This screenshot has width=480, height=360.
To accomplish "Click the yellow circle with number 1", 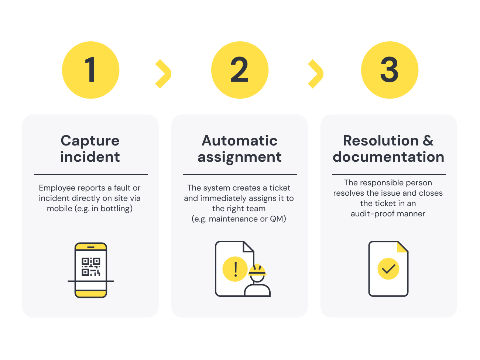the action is coord(90,70).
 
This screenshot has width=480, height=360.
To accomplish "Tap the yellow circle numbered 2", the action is coord(240,70).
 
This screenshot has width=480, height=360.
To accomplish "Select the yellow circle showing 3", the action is coord(390,70).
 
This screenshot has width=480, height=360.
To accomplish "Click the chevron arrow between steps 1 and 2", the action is coord(163,74).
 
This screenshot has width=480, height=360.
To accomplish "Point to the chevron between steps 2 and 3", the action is coord(315,74).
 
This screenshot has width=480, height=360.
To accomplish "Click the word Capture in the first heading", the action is coord(90,141).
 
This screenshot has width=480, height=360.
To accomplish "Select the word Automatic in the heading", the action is coord(240,141).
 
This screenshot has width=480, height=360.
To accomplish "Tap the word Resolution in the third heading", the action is coord(381,141).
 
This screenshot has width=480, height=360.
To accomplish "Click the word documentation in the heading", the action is coord(388,157).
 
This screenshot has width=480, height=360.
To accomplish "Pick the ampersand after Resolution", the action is coord(428,141).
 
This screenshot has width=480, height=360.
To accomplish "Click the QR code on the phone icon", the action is coord(91,267).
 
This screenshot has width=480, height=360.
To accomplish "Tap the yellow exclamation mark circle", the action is coord(235,269).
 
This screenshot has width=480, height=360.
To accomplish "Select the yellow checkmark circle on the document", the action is coord(388,269).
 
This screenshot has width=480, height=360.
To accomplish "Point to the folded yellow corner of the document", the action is coord(402,247).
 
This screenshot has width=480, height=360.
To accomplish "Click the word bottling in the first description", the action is coord(115,209).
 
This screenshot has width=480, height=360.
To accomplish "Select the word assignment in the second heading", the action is coord(240,157).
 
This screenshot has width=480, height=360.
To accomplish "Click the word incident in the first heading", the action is coord(90,157).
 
